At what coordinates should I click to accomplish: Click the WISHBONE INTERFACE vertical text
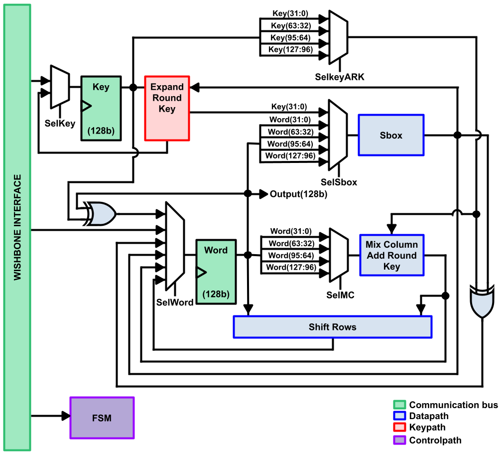point(17,227)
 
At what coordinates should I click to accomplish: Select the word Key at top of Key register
point(101,87)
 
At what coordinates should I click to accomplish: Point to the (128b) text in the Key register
point(101,131)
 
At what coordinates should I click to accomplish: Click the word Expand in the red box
point(167,87)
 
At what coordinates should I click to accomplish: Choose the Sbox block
point(391,135)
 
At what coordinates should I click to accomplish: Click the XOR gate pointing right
point(101,214)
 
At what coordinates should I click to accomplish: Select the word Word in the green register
point(216,250)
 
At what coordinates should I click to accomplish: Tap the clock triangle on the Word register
point(201,272)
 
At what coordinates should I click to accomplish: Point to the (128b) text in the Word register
point(216,294)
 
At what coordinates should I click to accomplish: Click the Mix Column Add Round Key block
point(391,255)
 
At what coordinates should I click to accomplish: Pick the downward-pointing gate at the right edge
point(482,302)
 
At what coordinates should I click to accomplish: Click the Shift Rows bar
point(332,327)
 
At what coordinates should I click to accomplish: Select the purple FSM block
point(102,418)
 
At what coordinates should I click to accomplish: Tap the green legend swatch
point(399,405)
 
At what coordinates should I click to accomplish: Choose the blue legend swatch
point(399,416)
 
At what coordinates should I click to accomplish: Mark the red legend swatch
point(399,427)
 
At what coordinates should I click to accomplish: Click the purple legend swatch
point(399,440)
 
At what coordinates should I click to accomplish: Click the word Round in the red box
point(167,98)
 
